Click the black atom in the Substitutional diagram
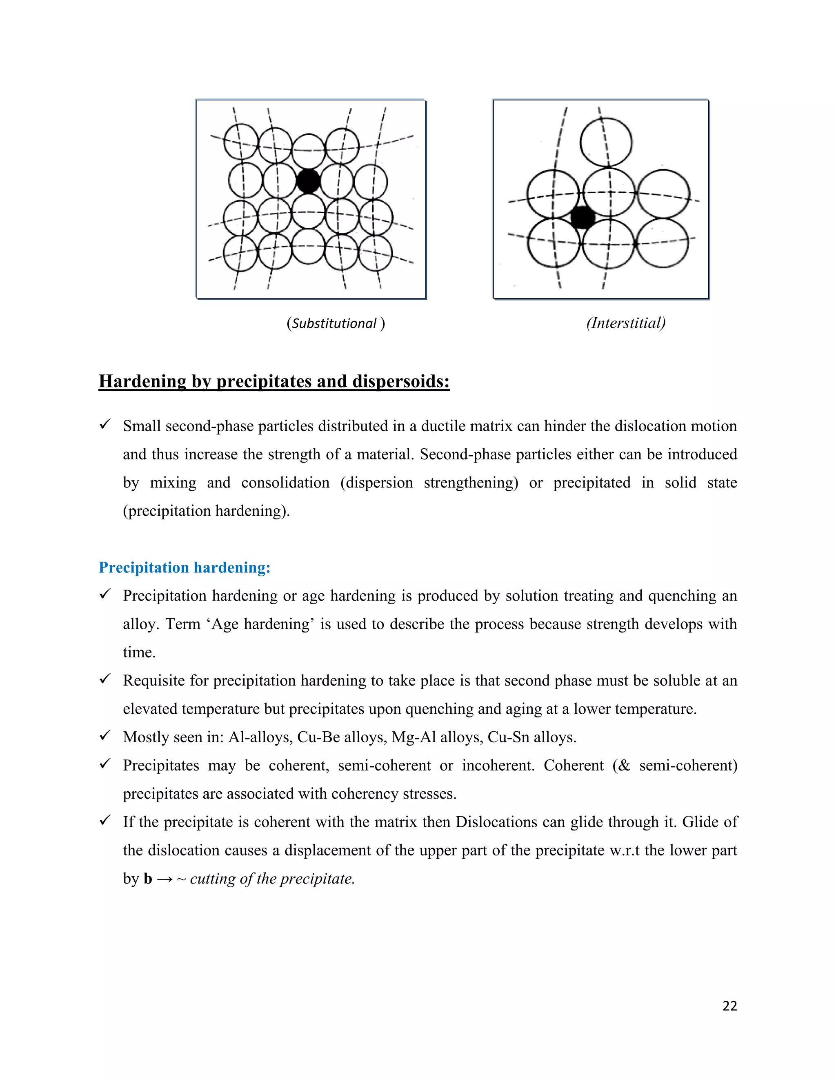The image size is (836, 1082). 308,181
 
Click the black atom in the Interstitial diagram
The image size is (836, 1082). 583,217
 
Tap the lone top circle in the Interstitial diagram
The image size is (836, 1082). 606,142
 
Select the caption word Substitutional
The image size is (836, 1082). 334,323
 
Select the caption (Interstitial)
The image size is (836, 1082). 625,323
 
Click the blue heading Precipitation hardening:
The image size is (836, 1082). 184,567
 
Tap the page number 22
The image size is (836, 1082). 729,1006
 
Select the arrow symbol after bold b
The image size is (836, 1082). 165,879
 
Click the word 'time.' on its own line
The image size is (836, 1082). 139,652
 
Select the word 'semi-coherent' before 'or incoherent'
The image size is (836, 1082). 384,766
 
